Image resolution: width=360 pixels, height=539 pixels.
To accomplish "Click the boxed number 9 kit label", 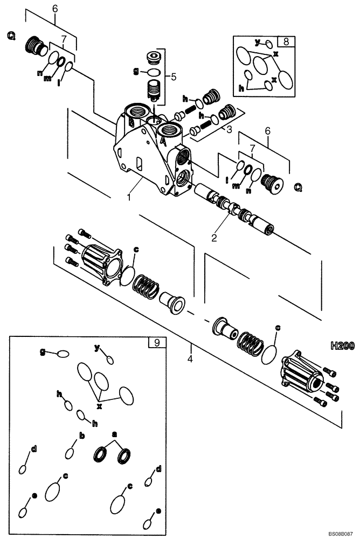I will click(x=156, y=342).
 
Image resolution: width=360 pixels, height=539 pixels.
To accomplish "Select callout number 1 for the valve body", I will click(x=128, y=198).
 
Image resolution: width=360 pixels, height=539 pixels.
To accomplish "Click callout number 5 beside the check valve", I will click(x=173, y=77).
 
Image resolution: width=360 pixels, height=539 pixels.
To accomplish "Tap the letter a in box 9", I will click(x=114, y=433).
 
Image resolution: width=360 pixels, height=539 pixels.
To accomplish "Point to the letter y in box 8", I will click(x=258, y=41).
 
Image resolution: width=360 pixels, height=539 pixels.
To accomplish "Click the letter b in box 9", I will click(x=81, y=435).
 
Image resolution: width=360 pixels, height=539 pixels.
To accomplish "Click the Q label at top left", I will click(x=11, y=36).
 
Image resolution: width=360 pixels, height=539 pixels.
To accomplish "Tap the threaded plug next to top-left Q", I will click(x=36, y=45).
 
